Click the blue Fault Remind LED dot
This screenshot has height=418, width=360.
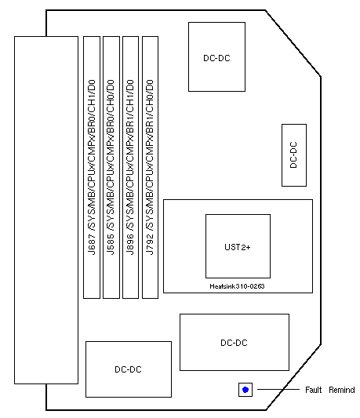click(245, 390)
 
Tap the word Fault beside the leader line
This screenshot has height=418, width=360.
click(314, 390)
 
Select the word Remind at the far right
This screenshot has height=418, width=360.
click(342, 390)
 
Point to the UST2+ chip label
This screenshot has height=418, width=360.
click(238, 247)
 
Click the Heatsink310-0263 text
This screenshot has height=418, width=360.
click(237, 286)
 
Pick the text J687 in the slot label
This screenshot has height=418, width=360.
click(92, 245)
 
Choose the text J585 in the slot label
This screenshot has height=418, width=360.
click(111, 245)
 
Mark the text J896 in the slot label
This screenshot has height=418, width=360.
click(130, 245)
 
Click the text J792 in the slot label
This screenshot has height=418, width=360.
click(150, 245)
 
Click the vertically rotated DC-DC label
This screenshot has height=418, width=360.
click(293, 154)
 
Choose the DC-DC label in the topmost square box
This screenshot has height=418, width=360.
click(216, 58)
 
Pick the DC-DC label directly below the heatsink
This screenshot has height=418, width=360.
click(234, 343)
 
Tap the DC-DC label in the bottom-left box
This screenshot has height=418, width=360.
click(128, 369)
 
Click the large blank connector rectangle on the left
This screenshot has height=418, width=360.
click(46, 210)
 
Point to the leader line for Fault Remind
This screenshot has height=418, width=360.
click(278, 390)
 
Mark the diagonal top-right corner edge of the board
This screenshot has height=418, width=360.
click(293, 43)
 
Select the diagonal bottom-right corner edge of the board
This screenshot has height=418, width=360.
click(293, 377)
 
